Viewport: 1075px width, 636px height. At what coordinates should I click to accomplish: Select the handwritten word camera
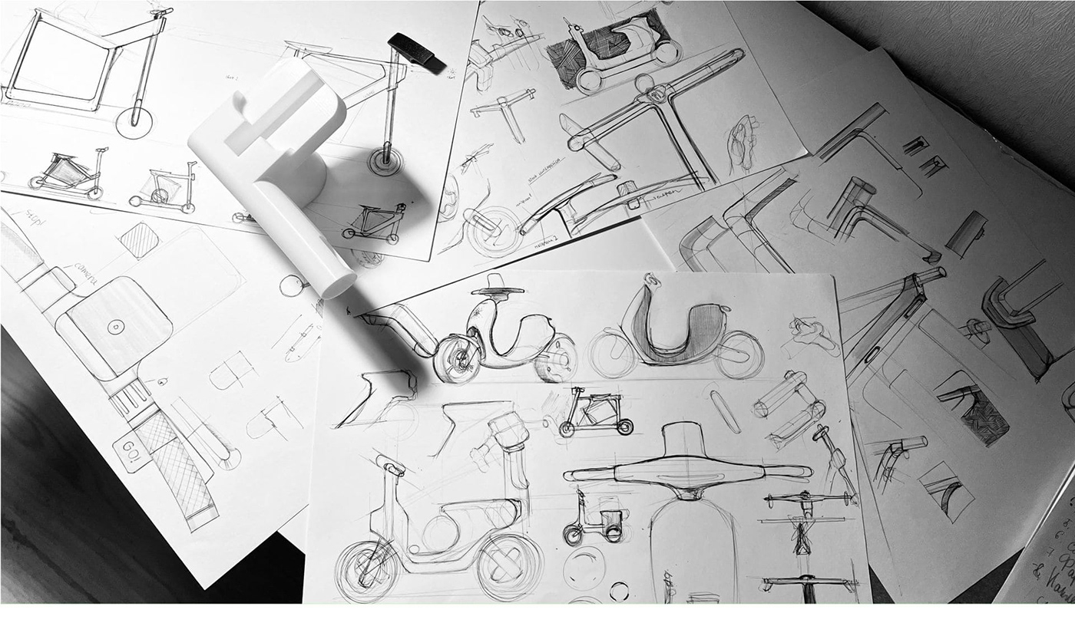(x=86, y=275)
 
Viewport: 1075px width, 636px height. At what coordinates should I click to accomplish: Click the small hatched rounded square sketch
(x=139, y=240)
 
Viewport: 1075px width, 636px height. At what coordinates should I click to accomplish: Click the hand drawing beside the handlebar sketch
(x=743, y=142)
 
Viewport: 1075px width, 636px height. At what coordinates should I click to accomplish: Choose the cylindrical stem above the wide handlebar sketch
(x=686, y=440)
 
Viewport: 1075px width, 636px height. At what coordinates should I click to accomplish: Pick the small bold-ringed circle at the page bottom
(x=619, y=591)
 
